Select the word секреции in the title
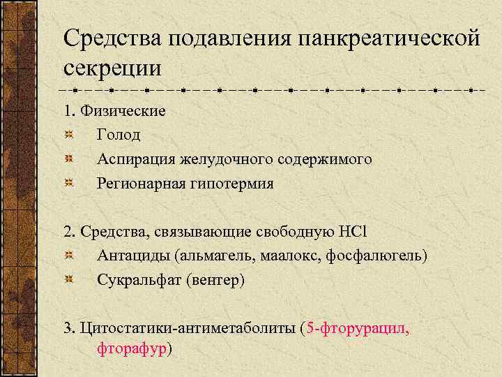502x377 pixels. point(112,68)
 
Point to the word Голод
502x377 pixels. point(119,135)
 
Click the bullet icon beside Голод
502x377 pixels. point(68,135)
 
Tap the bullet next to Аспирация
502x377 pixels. point(68,159)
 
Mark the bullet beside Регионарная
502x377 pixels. point(68,184)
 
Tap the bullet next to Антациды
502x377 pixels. point(68,256)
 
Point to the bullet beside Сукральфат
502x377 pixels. point(68,280)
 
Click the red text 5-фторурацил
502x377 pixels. point(358,328)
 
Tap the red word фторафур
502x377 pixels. point(131,348)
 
